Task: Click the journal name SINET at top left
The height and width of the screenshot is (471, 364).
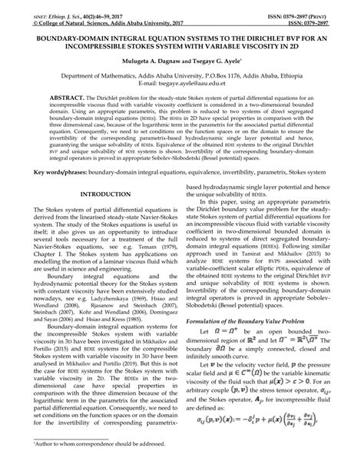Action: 18,5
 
